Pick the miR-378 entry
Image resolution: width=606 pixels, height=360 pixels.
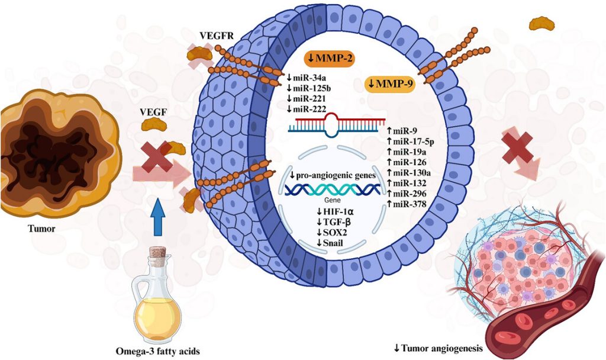pos(406,204)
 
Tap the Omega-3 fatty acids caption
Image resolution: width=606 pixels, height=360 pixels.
pos(156,351)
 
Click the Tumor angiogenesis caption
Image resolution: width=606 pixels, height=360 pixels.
pos(444,348)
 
